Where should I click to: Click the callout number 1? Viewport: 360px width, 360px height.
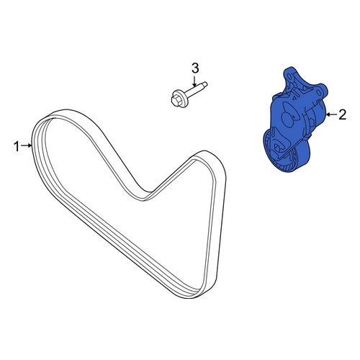pyautogui.click(x=17, y=146)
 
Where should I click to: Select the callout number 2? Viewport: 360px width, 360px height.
pyautogui.click(x=342, y=114)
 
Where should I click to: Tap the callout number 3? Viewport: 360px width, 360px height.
pyautogui.click(x=195, y=68)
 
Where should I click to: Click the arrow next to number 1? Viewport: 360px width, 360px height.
pyautogui.click(x=27, y=145)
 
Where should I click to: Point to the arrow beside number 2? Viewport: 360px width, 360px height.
pyautogui.click(x=331, y=114)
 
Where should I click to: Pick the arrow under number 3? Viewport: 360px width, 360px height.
pyautogui.click(x=194, y=81)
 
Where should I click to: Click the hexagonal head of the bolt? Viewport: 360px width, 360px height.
pyautogui.click(x=175, y=100)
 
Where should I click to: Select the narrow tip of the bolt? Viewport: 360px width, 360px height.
pyautogui.click(x=204, y=84)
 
